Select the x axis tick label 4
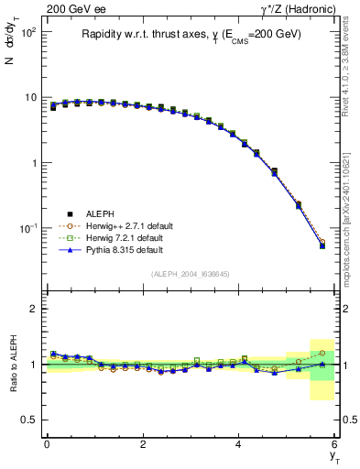[239, 444]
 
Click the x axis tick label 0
[47, 444]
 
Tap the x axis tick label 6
[334, 444]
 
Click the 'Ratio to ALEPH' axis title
[13, 364]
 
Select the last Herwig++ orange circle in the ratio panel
[322, 353]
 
